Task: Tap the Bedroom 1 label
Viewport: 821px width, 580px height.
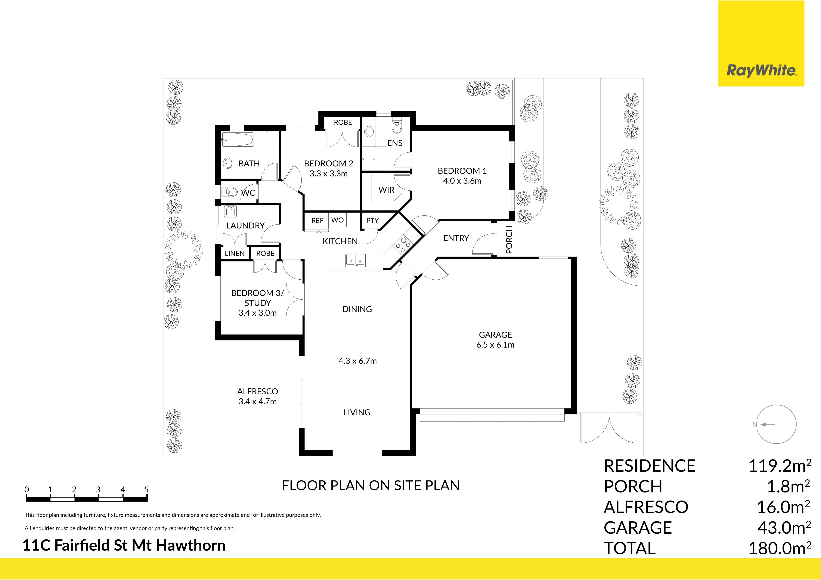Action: [462, 171]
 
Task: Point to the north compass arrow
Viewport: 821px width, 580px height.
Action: [767, 424]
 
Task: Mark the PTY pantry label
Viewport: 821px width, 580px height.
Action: [372, 220]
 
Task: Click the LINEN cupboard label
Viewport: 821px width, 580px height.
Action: [235, 253]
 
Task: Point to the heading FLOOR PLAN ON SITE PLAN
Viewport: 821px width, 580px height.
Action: [371, 485]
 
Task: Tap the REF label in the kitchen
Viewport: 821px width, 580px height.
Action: [317, 220]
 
